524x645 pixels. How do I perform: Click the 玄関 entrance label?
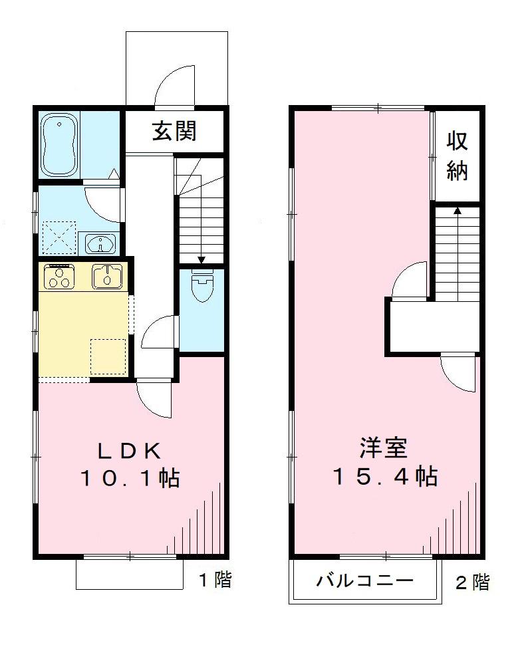[174, 131]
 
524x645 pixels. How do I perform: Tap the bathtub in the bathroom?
[61, 144]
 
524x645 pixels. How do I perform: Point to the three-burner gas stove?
[59, 277]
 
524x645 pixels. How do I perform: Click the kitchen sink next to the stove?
[106, 276]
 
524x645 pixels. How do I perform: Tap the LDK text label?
[130, 451]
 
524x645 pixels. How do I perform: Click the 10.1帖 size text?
[130, 477]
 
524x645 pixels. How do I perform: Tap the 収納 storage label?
[457, 156]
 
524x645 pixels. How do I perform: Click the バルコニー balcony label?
[364, 581]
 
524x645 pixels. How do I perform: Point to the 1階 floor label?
[215, 580]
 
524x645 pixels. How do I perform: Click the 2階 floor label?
[472, 583]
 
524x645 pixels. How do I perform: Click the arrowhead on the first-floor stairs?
[201, 260]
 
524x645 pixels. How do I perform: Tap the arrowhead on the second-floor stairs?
[457, 210]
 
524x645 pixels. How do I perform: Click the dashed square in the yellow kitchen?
[108, 357]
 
